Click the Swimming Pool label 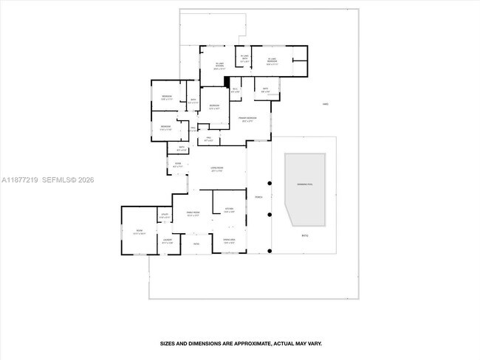point(305,184)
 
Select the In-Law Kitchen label point(220,66)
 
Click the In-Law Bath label point(244,59)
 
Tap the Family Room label point(193,215)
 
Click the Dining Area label point(228,241)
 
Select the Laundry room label point(168,241)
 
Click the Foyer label point(177,165)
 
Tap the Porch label point(258,197)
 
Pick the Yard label point(325,104)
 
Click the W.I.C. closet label point(234,90)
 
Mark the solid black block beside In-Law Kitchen point(227,83)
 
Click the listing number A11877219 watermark point(19,180)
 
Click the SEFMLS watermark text point(59,180)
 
